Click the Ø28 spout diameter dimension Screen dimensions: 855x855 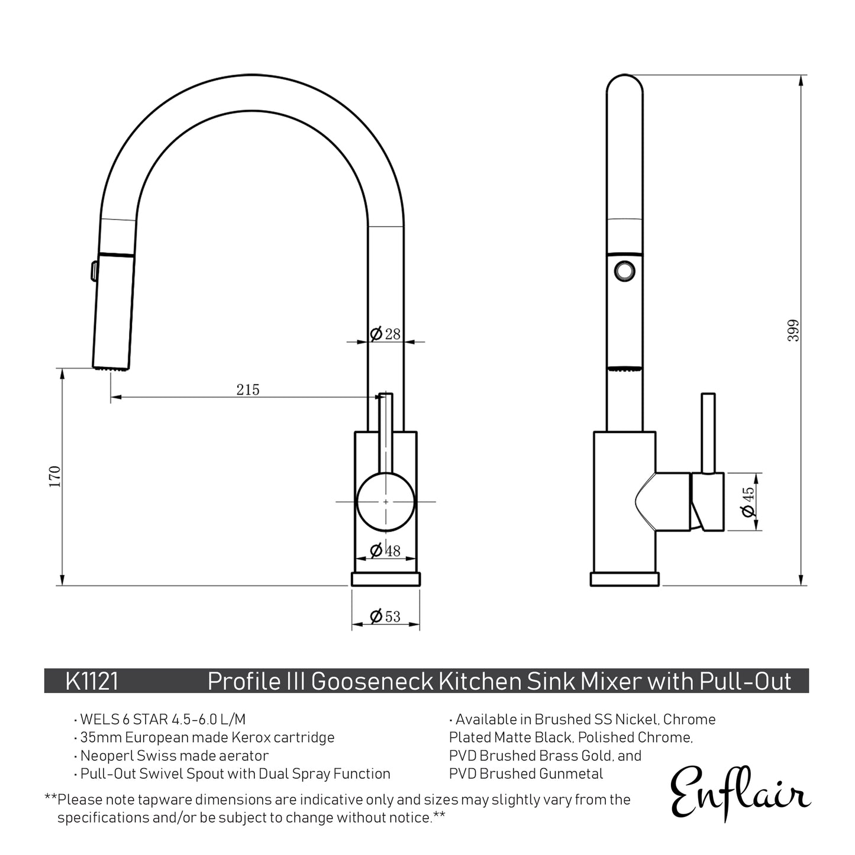(385, 334)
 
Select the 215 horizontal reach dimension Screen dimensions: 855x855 (248, 389)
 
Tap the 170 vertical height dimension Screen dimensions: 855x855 (55, 476)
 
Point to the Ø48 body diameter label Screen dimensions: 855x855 (385, 551)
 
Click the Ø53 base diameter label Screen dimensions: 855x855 (385, 617)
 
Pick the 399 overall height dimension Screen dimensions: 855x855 (794, 330)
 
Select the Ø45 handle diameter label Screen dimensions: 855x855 (748, 501)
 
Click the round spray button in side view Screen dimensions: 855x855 (624, 270)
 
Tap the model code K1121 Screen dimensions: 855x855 (92, 682)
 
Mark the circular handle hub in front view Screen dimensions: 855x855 (386, 502)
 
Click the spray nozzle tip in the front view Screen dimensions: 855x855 (111, 368)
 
